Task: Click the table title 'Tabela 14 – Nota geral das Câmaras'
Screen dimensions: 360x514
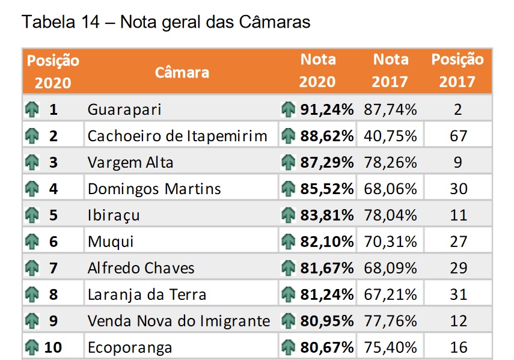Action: (x=166, y=22)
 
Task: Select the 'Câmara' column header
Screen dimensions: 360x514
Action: (x=182, y=72)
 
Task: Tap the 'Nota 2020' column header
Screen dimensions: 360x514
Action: (x=318, y=70)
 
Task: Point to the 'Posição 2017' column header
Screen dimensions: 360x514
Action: (x=457, y=70)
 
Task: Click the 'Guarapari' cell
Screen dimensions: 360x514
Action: (x=124, y=110)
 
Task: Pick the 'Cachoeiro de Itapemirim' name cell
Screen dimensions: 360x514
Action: (x=177, y=136)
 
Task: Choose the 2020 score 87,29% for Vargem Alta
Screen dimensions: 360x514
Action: (x=326, y=162)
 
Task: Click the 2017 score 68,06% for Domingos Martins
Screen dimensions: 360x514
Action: (x=390, y=189)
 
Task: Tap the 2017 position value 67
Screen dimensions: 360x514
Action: (x=458, y=136)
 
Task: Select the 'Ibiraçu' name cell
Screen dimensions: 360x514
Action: (x=114, y=215)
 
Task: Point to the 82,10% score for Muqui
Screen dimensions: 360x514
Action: (x=326, y=242)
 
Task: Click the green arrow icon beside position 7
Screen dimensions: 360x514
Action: (x=32, y=268)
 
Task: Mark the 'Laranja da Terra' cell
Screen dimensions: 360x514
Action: (x=147, y=294)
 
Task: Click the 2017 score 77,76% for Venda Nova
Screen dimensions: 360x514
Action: (x=390, y=321)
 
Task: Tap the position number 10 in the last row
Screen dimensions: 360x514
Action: (x=53, y=347)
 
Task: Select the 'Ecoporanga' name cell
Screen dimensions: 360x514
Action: (x=130, y=347)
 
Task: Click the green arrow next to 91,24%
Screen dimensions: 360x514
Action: (x=289, y=110)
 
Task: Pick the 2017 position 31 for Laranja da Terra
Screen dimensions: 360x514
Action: (x=458, y=294)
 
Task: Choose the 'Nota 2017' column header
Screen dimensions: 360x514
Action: (x=390, y=70)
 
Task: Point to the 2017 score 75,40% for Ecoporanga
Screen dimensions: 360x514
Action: (x=390, y=347)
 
